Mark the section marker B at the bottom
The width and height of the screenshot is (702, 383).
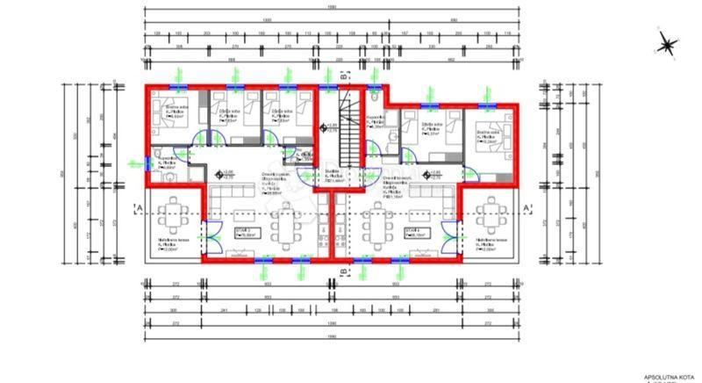(343, 273)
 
